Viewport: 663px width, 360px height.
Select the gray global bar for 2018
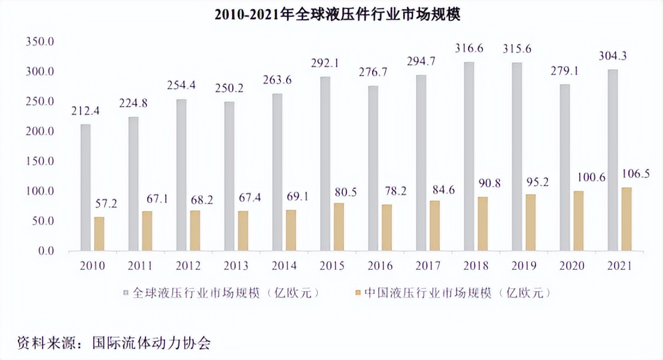click(x=469, y=157)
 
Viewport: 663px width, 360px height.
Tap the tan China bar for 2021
click(x=626, y=219)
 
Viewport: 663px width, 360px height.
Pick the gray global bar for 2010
click(x=86, y=188)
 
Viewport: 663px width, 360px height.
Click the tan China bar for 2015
click(x=339, y=227)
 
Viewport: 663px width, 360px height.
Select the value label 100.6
click(x=586, y=178)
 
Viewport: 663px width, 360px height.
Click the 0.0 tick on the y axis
click(x=45, y=251)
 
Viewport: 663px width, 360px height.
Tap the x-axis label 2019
click(x=523, y=266)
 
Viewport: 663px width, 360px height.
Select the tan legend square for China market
click(x=357, y=293)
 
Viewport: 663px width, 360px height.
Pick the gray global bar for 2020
click(x=565, y=167)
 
